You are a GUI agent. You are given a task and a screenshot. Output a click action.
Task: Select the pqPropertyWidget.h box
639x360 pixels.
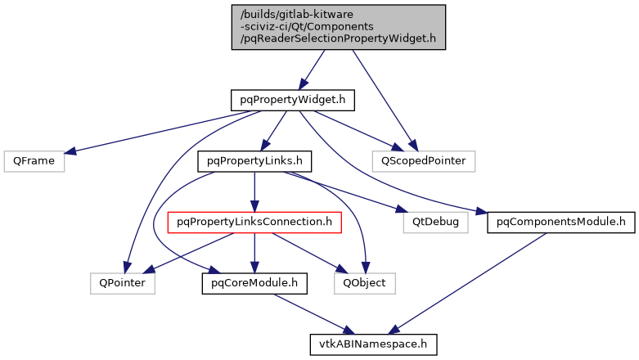point(292,100)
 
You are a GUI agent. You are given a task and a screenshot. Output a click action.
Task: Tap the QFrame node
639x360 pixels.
point(34,160)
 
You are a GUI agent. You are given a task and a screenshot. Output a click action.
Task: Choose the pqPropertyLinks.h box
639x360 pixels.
point(254,160)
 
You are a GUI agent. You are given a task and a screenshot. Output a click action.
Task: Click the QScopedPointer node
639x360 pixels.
point(423,160)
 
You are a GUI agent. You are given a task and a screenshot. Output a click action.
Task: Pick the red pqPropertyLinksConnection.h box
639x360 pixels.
point(254,221)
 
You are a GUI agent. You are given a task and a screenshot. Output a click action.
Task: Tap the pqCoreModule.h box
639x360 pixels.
point(254,283)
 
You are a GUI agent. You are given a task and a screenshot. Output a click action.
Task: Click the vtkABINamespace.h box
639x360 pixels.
point(373,344)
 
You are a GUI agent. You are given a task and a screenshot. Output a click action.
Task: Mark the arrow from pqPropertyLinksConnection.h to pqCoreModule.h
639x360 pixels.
point(254,252)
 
